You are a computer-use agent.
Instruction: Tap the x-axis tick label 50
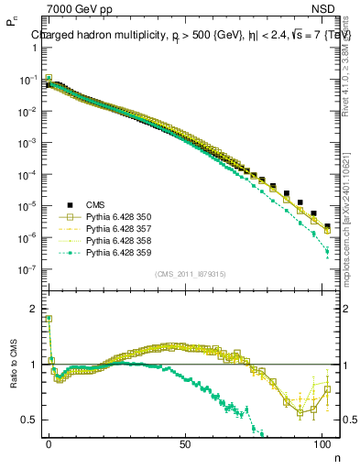186,443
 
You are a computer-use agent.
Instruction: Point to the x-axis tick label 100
322,443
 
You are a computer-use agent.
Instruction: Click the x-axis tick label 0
49,443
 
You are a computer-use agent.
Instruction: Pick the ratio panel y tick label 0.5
30,419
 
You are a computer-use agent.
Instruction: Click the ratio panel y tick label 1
33,365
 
